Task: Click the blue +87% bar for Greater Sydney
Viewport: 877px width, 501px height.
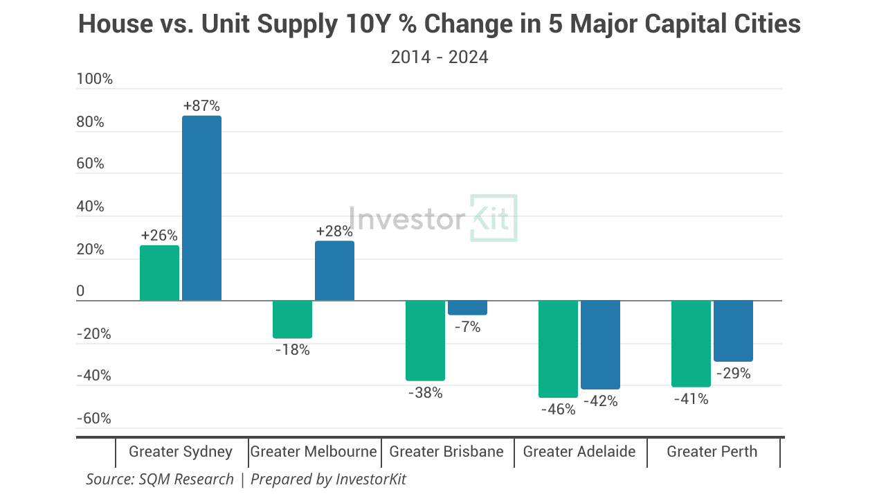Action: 201,208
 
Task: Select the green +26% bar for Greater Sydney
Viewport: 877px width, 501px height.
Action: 159,273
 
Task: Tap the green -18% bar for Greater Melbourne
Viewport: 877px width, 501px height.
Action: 292,319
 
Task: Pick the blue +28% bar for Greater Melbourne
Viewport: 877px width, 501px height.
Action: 334,271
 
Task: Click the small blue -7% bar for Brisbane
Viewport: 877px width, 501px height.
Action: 467,308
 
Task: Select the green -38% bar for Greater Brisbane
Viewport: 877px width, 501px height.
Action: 425,340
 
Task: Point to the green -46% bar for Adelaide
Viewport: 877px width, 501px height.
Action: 558,349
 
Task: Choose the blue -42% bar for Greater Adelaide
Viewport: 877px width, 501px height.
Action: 600,344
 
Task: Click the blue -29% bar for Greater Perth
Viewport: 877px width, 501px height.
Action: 733,331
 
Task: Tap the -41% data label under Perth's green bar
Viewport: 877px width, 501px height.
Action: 691,399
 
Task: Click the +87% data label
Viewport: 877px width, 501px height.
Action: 201,106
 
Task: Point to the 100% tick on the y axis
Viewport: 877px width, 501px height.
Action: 95,79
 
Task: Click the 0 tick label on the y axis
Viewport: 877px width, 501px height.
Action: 81,292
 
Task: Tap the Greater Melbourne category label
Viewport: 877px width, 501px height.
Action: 314,452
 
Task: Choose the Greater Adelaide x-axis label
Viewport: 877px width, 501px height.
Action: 579,452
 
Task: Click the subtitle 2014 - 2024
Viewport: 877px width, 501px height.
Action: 440,57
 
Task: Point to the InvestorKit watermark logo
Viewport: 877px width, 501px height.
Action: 433,219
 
